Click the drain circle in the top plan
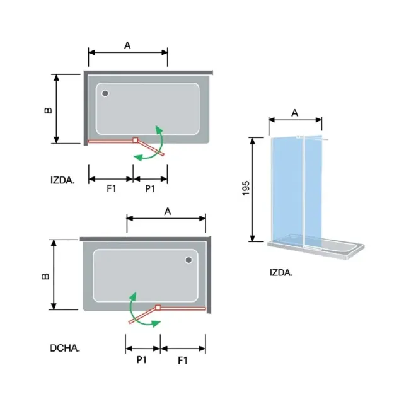105,93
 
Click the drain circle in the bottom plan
188,260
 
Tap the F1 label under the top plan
112,188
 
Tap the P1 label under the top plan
150,188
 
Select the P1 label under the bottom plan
142,360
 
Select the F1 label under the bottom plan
183,361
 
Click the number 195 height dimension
246,188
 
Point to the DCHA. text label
65,348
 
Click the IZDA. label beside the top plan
62,180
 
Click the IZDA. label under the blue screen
281,272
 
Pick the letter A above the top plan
127,45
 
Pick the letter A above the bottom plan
168,211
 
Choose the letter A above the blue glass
295,113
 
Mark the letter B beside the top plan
49,110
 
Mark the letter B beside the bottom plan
45,276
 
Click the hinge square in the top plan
136,140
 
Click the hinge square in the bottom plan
158,308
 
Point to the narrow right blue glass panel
313,191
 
